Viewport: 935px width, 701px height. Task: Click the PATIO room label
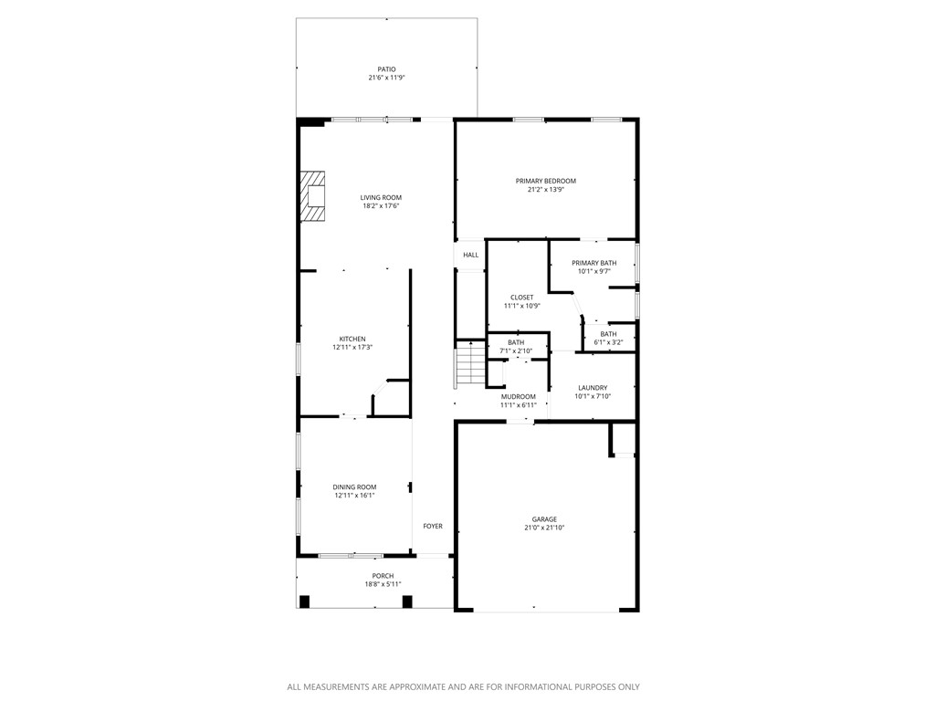(x=386, y=69)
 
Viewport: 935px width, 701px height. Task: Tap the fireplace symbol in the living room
(x=314, y=196)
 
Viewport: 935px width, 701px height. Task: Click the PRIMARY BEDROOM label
(x=546, y=181)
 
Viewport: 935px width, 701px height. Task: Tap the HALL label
(x=470, y=255)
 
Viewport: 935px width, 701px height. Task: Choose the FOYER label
(x=433, y=526)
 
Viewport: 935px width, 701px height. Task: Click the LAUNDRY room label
(x=592, y=388)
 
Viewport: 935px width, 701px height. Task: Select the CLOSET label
(x=521, y=298)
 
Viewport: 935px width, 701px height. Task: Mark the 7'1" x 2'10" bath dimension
(x=516, y=350)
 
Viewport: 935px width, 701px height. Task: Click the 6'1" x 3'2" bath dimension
(x=608, y=342)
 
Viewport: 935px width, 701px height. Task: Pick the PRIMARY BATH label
(x=594, y=263)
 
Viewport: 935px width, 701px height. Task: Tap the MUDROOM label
(x=518, y=396)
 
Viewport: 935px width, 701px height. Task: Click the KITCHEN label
(x=352, y=339)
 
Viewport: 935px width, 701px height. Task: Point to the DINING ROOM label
(x=354, y=487)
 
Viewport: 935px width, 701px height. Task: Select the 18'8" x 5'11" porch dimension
(x=383, y=584)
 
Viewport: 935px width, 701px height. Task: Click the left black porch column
(x=305, y=602)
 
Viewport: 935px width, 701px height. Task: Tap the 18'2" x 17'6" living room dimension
(x=381, y=206)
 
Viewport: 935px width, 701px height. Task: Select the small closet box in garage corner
(x=623, y=440)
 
